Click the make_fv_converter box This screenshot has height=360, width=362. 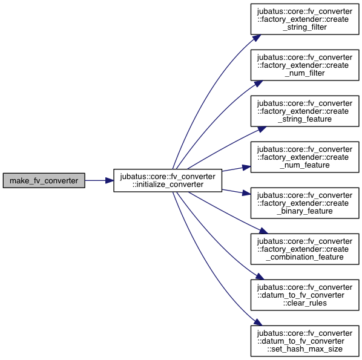point(44,180)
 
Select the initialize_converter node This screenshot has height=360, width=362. point(168,180)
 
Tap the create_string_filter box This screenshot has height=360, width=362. point(304,19)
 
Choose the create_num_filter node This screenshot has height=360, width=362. point(304,65)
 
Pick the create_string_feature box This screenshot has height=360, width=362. point(304,111)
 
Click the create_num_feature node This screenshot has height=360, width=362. point(304,157)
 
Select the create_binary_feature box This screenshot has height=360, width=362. point(304,203)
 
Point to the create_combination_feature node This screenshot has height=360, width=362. point(304,249)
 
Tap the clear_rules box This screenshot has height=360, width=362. point(304,295)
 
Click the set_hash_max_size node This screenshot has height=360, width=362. point(304,341)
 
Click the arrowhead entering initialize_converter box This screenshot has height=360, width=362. point(110,180)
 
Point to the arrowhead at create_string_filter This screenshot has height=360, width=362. point(257,38)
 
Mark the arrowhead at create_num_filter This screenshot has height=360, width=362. point(258,83)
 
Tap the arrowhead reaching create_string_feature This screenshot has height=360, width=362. point(262,129)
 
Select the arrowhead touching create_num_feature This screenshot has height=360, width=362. point(246,168)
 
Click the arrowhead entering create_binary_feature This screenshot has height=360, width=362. point(246,193)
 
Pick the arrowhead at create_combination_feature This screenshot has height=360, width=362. point(263,231)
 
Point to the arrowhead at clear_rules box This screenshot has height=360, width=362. point(260,277)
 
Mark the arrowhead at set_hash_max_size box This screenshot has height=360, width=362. point(258,322)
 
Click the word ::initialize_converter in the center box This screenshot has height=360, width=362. point(168,185)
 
